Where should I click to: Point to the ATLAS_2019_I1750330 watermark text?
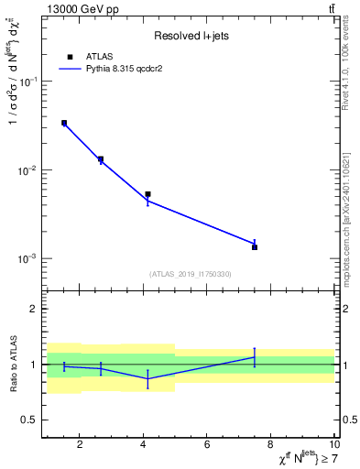pyautogui.click(x=191, y=274)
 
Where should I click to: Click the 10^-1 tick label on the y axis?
pyautogui.click(x=28, y=82)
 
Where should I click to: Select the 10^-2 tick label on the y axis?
pyautogui.click(x=28, y=170)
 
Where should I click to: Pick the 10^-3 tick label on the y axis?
pyautogui.click(x=28, y=259)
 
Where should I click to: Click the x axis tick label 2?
pyautogui.click(x=80, y=446)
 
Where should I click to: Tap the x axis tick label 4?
pyautogui.click(x=144, y=446)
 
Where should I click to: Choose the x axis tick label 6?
pyautogui.click(x=208, y=446)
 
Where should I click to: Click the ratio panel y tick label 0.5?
pyautogui.click(x=28, y=420)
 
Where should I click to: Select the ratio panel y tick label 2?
pyautogui.click(x=34, y=310)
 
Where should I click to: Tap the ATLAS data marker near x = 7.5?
pyautogui.click(x=255, y=247)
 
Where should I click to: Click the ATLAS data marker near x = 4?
pyautogui.click(x=147, y=194)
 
